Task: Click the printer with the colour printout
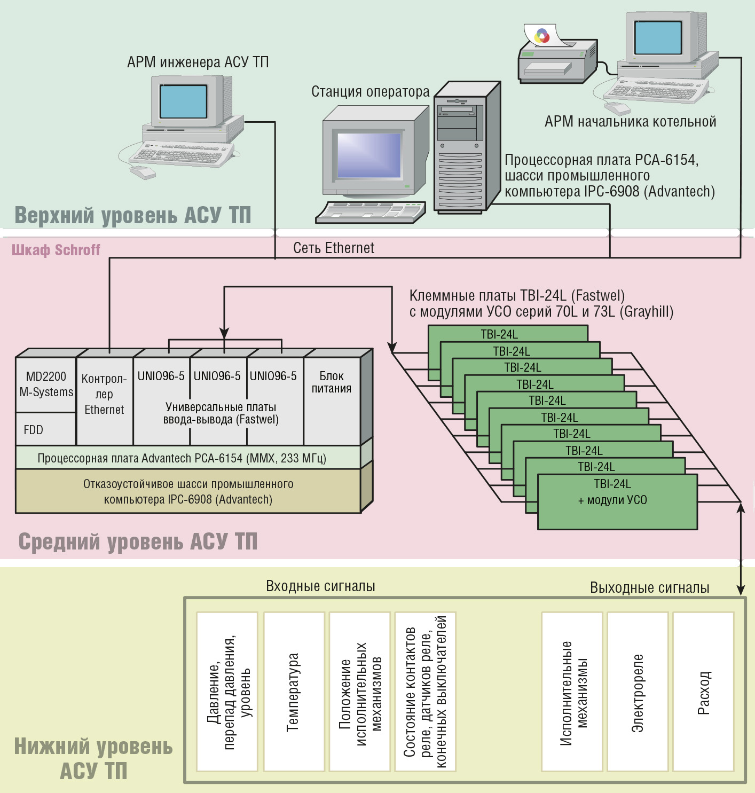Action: tap(557, 57)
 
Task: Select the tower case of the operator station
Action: tap(467, 147)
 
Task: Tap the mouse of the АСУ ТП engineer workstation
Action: tap(143, 172)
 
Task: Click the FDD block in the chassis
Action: tap(45, 429)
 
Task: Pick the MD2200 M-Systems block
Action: tap(45, 384)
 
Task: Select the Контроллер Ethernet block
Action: tap(105, 401)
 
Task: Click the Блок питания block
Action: tap(332, 401)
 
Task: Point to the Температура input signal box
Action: tap(294, 692)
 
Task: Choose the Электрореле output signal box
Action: tap(638, 692)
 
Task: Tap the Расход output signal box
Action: tap(703, 692)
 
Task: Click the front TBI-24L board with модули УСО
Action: tap(617, 502)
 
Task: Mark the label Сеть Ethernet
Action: tap(334, 248)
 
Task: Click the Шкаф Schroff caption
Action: tap(56, 250)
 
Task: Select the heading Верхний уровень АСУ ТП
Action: tap(133, 215)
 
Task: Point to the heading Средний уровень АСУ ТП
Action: tap(138, 541)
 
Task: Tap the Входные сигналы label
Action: tap(320, 586)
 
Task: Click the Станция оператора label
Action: tap(370, 91)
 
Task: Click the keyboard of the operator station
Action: tap(371, 213)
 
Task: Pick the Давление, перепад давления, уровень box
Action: tap(227, 692)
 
